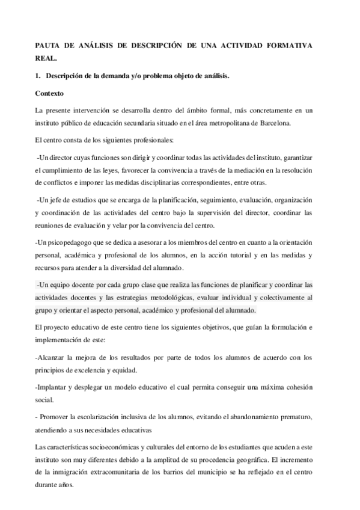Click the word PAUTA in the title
pos(47,46)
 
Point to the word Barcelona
pos(272,123)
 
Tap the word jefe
pos(53,200)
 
